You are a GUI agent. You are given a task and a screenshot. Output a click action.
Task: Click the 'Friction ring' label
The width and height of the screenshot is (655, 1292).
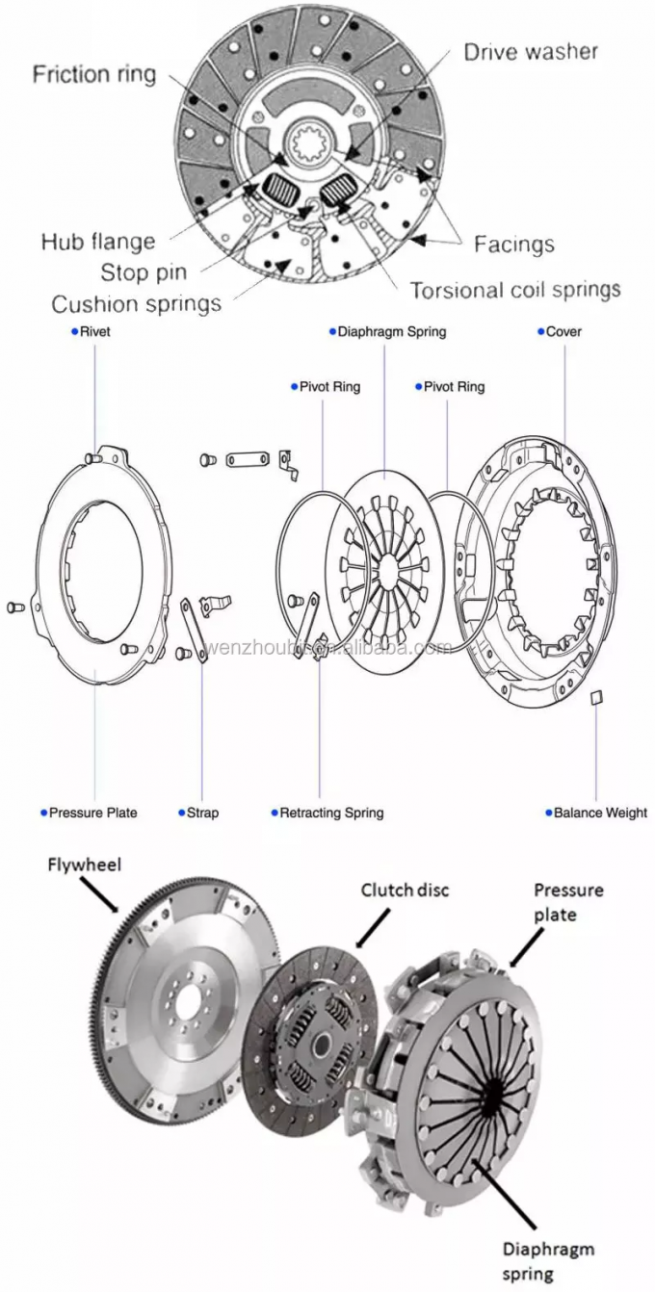pos(94,75)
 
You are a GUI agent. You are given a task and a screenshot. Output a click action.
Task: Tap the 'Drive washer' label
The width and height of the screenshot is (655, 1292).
pos(530,52)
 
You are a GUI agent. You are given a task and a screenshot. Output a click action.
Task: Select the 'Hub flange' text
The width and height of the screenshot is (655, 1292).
pos(97,242)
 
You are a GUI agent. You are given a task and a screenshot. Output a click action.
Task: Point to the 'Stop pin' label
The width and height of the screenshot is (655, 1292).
pos(144,272)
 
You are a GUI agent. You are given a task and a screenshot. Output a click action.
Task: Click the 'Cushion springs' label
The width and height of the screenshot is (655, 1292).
pos(136,304)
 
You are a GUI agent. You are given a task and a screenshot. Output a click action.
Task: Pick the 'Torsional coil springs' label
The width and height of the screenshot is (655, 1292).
pos(515,290)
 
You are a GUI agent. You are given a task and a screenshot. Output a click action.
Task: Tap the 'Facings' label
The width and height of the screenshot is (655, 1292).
pos(513,245)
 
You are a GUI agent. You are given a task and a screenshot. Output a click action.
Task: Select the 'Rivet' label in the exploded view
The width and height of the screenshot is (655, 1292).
pos(94,332)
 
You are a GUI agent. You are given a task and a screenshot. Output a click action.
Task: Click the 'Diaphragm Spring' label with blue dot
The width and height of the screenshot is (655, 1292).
pos(391,332)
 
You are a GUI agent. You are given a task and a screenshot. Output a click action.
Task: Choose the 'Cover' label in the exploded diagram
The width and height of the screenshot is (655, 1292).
pos(563,332)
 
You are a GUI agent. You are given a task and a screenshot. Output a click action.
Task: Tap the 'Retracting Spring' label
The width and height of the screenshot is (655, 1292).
pos(331,813)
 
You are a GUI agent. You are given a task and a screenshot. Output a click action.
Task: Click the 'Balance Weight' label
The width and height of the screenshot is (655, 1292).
pos(600,813)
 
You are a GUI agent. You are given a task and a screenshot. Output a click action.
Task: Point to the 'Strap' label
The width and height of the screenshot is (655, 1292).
pos(202,813)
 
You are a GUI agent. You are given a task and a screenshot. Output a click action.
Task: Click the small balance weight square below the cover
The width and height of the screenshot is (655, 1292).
pos(595,696)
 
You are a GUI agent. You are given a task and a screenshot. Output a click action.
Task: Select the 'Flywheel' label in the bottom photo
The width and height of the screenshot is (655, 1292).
pos(85,865)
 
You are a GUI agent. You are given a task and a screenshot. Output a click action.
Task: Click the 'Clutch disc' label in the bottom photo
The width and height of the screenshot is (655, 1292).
pos(405,890)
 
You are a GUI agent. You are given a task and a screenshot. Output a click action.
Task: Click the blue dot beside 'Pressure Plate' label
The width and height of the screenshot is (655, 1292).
pos(43,813)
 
